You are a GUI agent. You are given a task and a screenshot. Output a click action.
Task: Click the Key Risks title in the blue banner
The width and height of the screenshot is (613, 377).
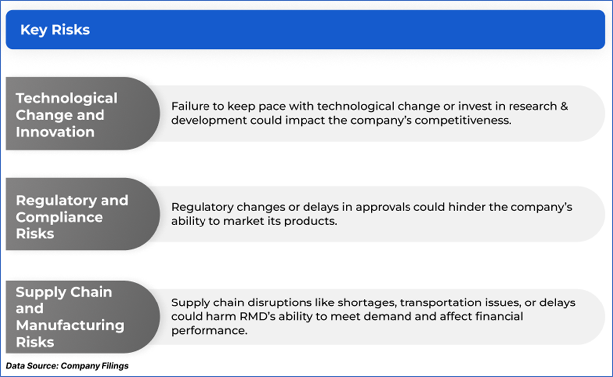[x=55, y=30]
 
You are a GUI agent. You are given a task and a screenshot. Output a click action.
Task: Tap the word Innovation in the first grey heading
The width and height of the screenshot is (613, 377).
[x=55, y=132]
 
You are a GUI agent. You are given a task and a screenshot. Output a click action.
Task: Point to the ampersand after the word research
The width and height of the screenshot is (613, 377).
[x=564, y=106]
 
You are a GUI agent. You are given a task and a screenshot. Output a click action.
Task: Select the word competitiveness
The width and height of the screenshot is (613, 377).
[x=463, y=120]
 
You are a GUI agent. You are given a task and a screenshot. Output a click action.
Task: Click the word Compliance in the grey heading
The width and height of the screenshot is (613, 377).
[x=59, y=217]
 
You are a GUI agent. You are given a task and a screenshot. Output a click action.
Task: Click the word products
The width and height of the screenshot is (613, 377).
[x=310, y=221]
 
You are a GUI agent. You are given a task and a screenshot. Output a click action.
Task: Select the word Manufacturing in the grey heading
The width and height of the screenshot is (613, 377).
[x=70, y=325]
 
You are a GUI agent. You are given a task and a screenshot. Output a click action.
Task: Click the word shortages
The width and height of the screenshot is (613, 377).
[x=367, y=303]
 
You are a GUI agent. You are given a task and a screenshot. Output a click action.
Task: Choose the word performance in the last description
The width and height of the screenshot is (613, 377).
[x=209, y=331]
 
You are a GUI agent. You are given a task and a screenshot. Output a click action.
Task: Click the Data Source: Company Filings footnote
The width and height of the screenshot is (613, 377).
[x=67, y=366]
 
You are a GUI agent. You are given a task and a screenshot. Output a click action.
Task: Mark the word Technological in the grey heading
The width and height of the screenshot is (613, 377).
[x=67, y=99]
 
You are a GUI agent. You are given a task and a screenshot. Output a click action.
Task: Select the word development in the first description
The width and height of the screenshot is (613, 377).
[x=209, y=121]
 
